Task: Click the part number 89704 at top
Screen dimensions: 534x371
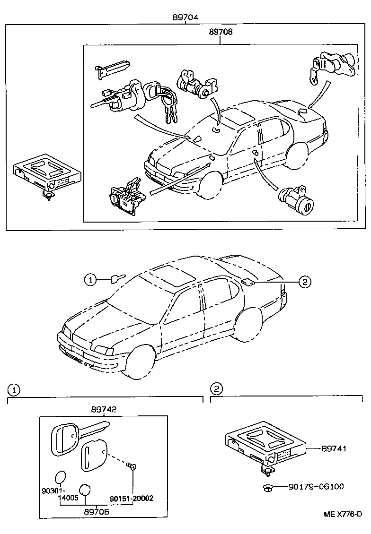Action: (185, 17)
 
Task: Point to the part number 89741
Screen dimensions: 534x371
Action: (334, 448)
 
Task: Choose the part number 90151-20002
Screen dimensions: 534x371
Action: (132, 498)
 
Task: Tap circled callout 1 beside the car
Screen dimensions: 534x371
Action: (90, 280)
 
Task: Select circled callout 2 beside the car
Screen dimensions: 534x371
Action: (304, 282)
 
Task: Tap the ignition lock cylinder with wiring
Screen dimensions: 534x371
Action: (122, 97)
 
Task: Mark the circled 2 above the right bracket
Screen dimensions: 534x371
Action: (216, 389)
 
